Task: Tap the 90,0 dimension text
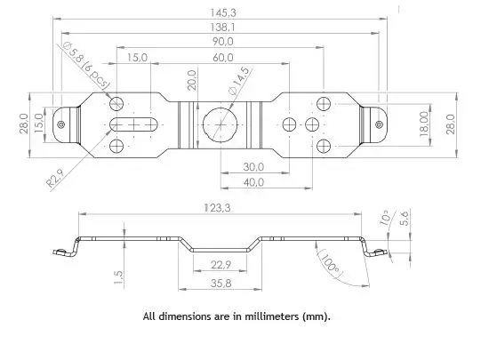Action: pos(222,42)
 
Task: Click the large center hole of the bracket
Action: pos(219,124)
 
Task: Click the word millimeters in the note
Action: pos(266,316)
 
